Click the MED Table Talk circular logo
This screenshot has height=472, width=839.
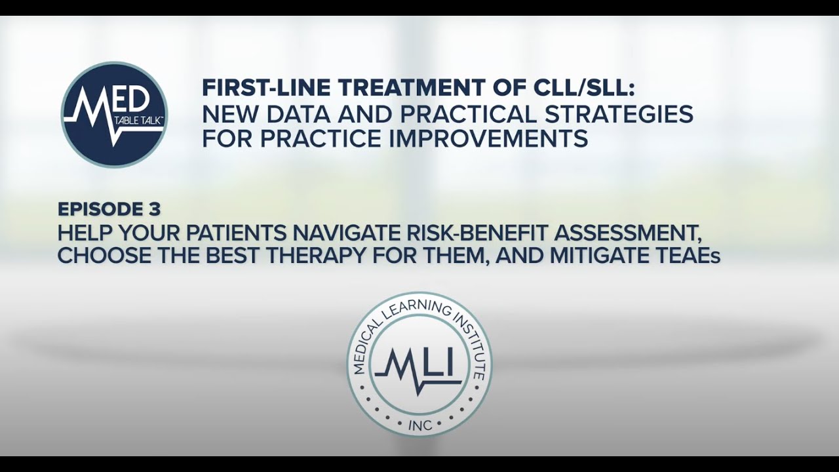pos(114,115)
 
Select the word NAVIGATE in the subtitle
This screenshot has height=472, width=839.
pos(349,233)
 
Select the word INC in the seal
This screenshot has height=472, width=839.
pos(420,425)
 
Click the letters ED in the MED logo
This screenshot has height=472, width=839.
pos(135,100)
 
